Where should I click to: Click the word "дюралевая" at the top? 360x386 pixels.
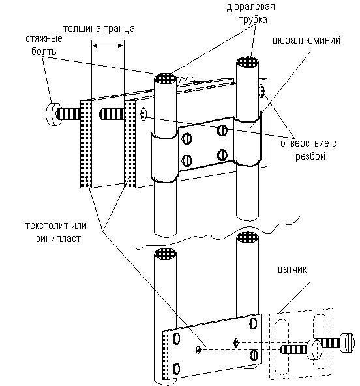(x=250, y=7)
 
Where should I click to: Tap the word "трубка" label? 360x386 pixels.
(x=252, y=20)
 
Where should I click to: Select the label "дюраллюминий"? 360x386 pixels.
(x=306, y=40)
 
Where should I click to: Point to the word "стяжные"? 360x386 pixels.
(x=44, y=38)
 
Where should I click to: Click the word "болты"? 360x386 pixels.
(x=44, y=52)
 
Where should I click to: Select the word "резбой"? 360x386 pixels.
(x=310, y=156)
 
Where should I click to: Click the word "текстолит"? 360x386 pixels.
(x=47, y=226)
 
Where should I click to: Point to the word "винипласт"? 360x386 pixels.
(x=58, y=239)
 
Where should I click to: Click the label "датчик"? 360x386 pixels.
(x=292, y=269)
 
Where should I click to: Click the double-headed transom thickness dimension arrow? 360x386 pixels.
(x=108, y=46)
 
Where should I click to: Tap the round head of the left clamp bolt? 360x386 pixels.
(x=52, y=113)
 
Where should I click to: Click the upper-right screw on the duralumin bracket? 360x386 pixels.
(x=222, y=130)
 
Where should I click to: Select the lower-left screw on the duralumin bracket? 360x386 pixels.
(x=187, y=160)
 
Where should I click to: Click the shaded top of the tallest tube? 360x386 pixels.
(x=247, y=62)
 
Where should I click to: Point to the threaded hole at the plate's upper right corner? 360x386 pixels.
(x=262, y=91)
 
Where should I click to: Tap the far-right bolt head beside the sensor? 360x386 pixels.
(x=347, y=342)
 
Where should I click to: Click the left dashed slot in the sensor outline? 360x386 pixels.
(x=281, y=347)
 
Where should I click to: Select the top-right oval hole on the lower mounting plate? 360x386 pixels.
(x=253, y=323)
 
